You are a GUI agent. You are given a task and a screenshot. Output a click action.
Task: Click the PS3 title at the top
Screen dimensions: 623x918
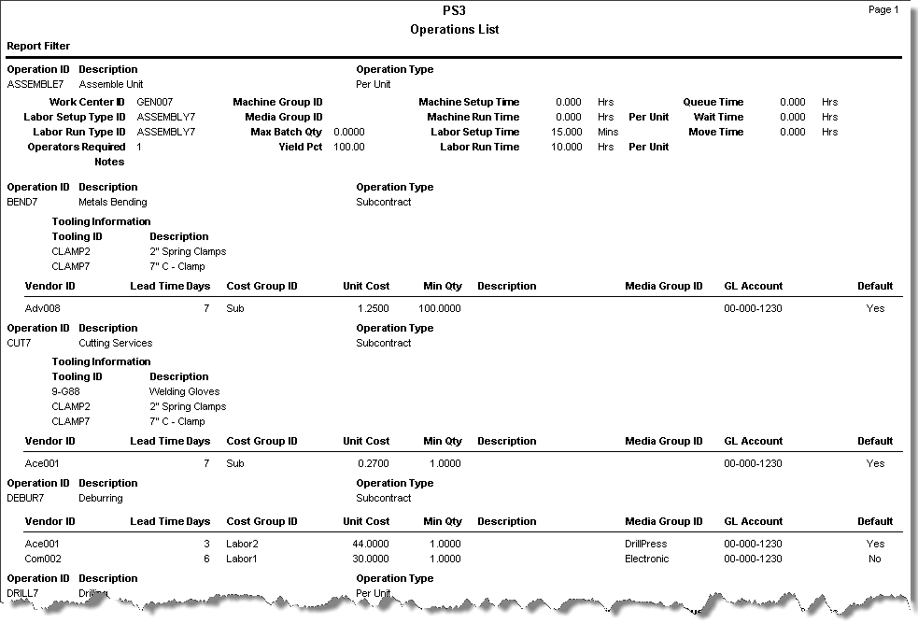(455, 10)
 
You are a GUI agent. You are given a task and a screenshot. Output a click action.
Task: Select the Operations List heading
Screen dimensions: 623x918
(455, 30)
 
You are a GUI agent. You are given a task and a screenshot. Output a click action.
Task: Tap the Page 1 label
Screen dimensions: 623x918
(883, 9)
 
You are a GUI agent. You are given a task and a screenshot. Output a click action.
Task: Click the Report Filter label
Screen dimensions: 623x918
(38, 46)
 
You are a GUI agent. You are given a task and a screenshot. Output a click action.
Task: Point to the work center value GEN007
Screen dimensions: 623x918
(155, 102)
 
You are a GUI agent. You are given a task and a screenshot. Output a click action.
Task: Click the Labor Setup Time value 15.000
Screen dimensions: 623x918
(568, 132)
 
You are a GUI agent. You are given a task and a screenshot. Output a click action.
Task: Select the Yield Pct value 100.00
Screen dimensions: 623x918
(349, 147)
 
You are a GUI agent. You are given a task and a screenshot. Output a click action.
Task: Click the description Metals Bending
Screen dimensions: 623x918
(113, 202)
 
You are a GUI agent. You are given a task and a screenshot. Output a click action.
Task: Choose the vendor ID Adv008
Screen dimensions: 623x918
(43, 307)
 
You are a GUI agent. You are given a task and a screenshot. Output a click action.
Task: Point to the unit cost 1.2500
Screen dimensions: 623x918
(373, 307)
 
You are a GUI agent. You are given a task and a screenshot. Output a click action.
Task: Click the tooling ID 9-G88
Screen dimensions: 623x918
(66, 391)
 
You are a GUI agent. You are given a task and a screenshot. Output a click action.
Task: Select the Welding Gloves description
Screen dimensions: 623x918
(185, 391)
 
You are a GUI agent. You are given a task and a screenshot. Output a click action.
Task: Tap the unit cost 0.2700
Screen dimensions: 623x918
(373, 463)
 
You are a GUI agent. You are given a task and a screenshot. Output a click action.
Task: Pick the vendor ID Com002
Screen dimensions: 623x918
(45, 559)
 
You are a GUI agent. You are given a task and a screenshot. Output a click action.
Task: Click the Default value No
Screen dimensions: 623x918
(875, 559)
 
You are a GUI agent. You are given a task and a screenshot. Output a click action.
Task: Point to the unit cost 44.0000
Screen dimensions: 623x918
(371, 544)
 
